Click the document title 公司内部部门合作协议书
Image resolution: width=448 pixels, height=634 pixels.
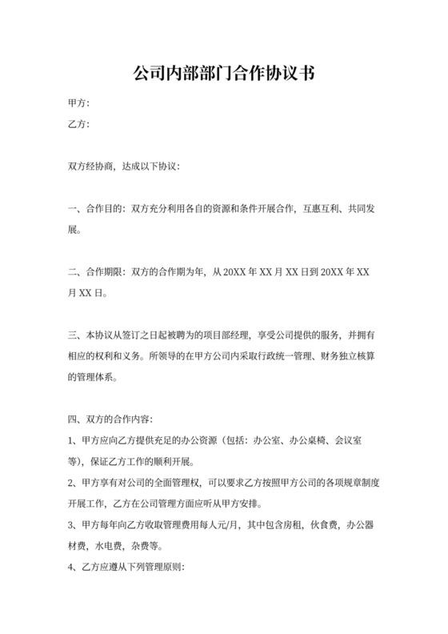[x=223, y=74]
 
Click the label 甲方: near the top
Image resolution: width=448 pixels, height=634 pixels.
[x=78, y=103]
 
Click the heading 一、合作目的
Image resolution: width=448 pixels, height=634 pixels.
[x=95, y=209]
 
